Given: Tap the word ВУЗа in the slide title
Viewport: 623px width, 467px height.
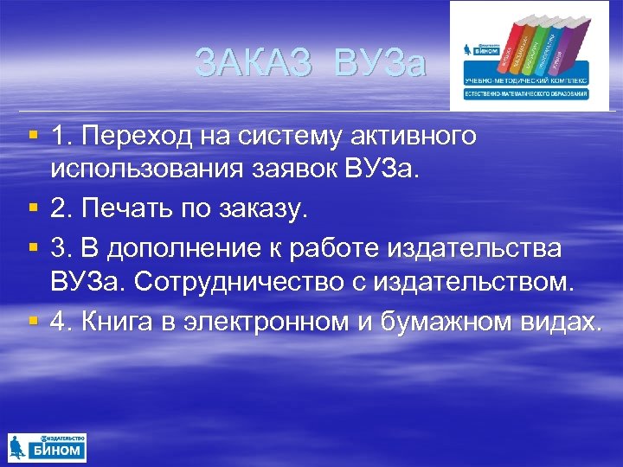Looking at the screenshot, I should pos(381,63).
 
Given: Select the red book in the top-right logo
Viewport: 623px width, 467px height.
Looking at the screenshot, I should pos(517,48).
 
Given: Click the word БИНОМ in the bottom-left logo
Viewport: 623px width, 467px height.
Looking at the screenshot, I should pos(57,451).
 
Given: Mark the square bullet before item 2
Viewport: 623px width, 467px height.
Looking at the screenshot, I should pos(32,208).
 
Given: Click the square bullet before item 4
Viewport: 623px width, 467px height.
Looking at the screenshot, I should pos(32,320).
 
